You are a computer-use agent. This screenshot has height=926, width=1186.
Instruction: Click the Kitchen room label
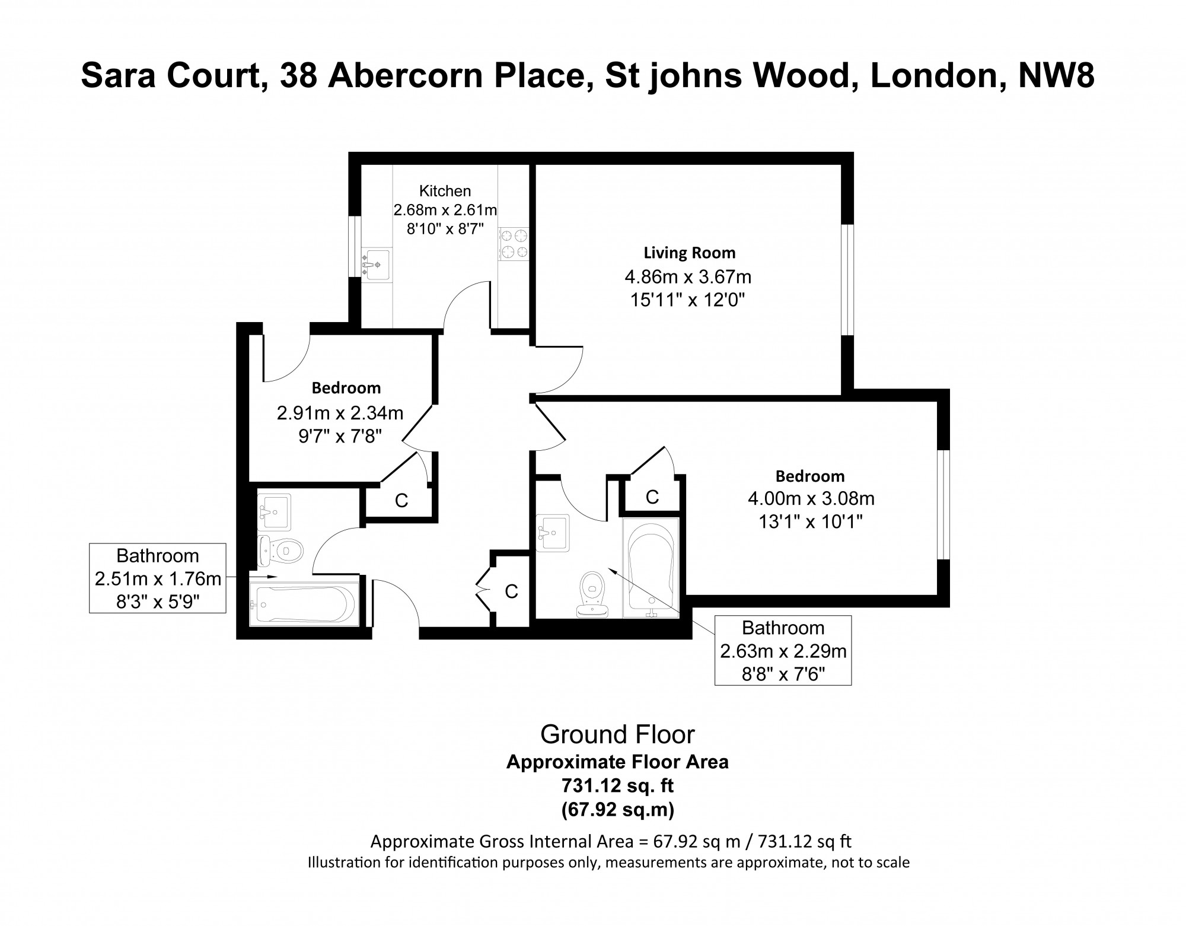coord(445,191)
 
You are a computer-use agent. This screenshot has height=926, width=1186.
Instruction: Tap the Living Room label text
coord(690,253)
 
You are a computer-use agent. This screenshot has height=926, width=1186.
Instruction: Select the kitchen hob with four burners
coord(514,244)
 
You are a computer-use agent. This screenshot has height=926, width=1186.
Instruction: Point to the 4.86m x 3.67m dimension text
coord(688,276)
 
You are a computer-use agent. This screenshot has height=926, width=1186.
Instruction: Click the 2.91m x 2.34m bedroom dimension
coord(340,412)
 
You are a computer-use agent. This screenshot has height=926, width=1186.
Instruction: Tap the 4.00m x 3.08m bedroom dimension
coord(811,498)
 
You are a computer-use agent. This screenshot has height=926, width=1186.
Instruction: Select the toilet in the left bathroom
coord(282,550)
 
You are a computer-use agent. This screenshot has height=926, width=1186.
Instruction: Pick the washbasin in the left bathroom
coord(273,511)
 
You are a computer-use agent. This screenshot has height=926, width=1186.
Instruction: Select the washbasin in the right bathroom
coord(553,533)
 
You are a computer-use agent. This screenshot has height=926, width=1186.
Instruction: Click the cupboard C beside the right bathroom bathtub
coord(652,497)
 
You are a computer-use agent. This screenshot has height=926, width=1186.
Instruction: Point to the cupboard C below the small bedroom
coord(401,501)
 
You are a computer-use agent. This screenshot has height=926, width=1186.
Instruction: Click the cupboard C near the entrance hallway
coord(511,591)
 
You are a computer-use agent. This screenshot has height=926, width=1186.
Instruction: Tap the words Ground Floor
coord(617,735)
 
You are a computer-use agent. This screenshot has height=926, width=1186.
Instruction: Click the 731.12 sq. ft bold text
coord(617,786)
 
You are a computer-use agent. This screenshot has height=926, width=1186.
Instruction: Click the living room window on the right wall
coord(847,280)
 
